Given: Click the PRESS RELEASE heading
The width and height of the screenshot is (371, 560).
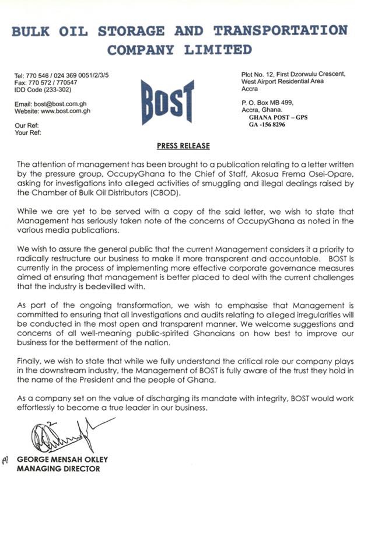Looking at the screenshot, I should click(x=183, y=146).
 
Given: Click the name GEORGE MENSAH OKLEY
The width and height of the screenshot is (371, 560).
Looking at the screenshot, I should click(x=62, y=460).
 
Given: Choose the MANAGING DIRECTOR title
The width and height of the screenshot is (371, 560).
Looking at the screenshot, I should click(x=58, y=468).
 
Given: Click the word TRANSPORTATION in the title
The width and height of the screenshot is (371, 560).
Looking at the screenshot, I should click(x=280, y=30).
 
